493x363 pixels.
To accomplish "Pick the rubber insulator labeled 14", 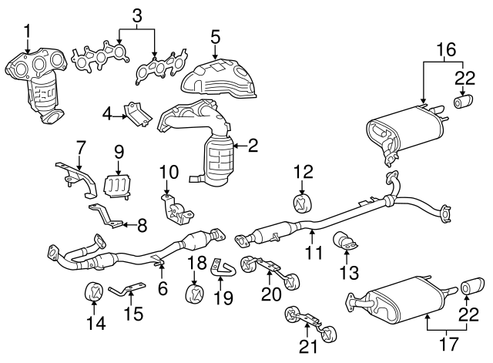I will (x=93, y=292).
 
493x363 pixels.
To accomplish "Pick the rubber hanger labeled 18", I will (x=195, y=293).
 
